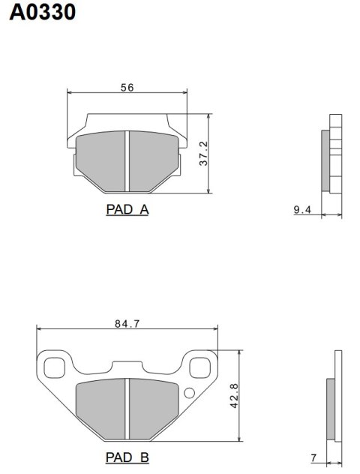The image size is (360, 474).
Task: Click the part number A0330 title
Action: click(x=42, y=13)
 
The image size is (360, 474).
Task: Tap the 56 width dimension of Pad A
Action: click(x=127, y=88)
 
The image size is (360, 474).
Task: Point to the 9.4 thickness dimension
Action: click(x=301, y=210)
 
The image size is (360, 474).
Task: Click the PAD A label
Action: click(x=127, y=210)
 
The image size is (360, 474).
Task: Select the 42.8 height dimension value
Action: click(x=234, y=394)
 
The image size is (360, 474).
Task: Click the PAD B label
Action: click(x=127, y=457)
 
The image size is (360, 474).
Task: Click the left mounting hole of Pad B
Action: click(x=54, y=367)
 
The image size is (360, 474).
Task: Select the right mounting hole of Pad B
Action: click(x=200, y=367)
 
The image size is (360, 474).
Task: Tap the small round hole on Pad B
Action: click(x=189, y=392)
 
